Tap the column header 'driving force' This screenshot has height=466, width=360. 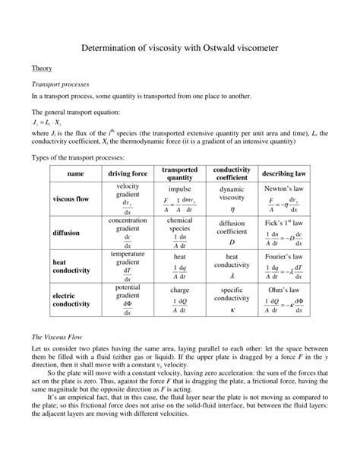128,173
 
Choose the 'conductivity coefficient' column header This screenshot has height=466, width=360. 232,173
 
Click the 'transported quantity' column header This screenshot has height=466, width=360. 180,173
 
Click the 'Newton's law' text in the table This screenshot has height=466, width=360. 283,187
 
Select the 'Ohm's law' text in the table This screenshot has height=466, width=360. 283,290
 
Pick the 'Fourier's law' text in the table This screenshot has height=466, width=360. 283,256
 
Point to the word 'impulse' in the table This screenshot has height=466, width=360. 180,188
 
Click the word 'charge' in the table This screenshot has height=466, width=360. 180,290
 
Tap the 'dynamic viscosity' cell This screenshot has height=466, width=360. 232,192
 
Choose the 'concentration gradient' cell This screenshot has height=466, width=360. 128,224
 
